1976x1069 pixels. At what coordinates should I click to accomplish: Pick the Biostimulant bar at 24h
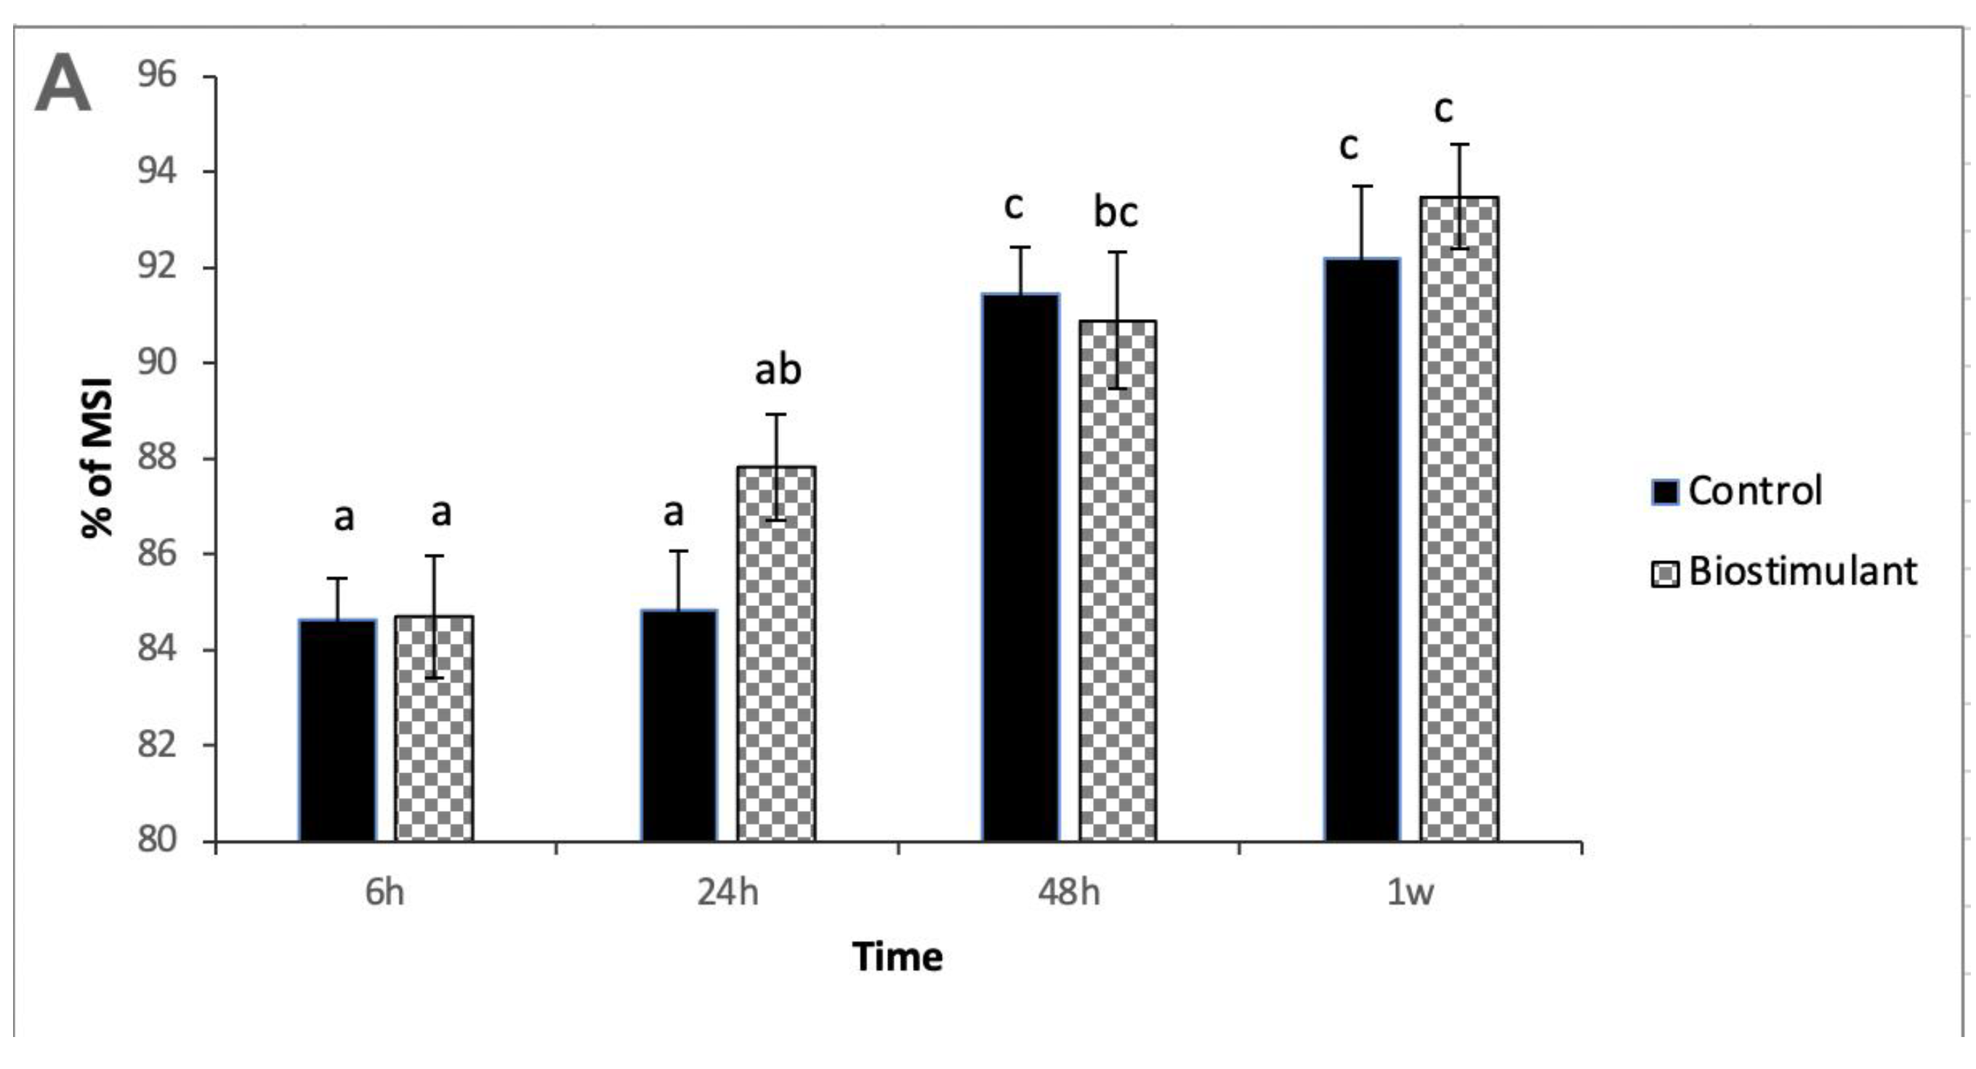click(776, 652)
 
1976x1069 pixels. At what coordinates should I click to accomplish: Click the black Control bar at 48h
click(1021, 568)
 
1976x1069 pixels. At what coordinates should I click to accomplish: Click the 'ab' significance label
click(778, 371)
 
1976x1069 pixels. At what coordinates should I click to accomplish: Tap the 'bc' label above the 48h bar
click(1116, 212)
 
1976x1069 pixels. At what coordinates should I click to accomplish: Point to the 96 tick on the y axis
click(157, 75)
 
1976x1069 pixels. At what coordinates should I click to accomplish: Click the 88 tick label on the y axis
click(157, 459)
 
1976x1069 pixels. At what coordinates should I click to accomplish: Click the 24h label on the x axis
click(727, 893)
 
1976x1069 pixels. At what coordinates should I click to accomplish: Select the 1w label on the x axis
click(1410, 893)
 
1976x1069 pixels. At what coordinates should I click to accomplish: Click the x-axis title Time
click(898, 958)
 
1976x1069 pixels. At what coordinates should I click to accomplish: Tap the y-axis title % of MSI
click(98, 459)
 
